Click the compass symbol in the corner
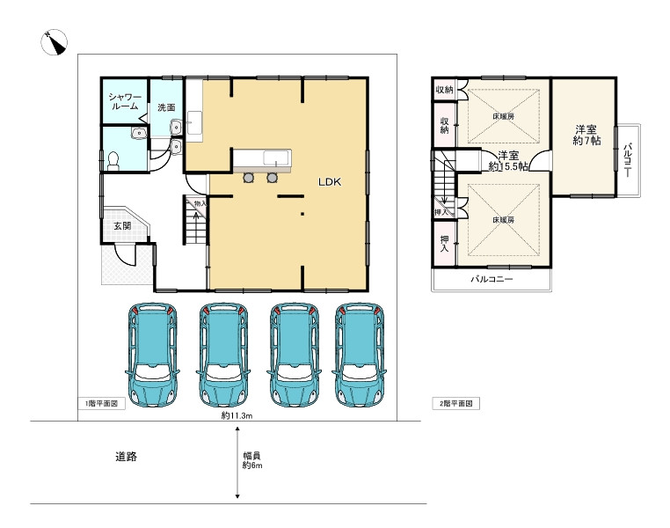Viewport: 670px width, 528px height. click(x=54, y=42)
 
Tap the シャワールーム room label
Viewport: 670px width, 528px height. click(x=125, y=102)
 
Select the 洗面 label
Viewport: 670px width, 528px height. click(x=166, y=107)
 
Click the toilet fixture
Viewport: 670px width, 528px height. click(x=113, y=161)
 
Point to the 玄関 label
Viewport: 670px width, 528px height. click(x=122, y=225)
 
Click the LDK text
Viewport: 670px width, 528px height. click(x=330, y=181)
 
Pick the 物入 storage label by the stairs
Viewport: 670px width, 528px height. click(x=200, y=203)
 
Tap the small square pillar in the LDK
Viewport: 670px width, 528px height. click(x=302, y=213)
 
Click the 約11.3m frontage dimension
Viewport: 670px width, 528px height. click(x=237, y=415)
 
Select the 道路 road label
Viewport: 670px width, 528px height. click(x=126, y=457)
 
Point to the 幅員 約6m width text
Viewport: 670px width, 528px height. click(x=252, y=460)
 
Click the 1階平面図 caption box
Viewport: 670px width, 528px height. click(x=102, y=403)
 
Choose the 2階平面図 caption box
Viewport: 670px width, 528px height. click(x=456, y=403)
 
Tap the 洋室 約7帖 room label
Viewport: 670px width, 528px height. click(x=586, y=135)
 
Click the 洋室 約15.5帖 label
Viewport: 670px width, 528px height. click(x=508, y=161)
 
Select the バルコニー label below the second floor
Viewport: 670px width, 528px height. click(x=492, y=279)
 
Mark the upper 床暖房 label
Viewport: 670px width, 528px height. click(x=503, y=116)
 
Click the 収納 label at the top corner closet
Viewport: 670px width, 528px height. click(x=444, y=90)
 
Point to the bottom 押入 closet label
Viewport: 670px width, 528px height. click(x=444, y=244)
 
